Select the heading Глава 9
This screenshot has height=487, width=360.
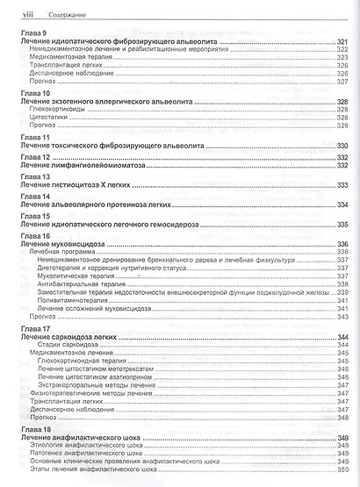tap(32, 32)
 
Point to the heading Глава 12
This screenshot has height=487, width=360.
tap(33, 156)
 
